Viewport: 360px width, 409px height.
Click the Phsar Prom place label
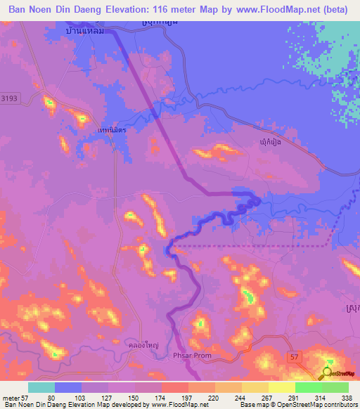pos(191,356)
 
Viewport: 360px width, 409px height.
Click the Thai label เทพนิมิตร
pos(111,130)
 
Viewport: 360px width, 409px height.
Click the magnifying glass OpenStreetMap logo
pos(327,373)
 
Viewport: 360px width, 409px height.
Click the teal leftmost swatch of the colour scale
pos(41,387)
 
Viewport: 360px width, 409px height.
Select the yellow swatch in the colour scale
pos(281,387)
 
